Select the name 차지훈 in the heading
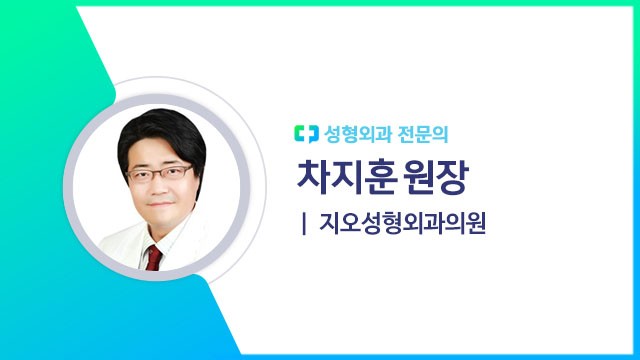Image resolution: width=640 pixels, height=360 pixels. point(345,177)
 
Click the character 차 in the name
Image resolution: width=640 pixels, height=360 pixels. point(314,177)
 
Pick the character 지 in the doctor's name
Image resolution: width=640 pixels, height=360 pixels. point(345,177)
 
